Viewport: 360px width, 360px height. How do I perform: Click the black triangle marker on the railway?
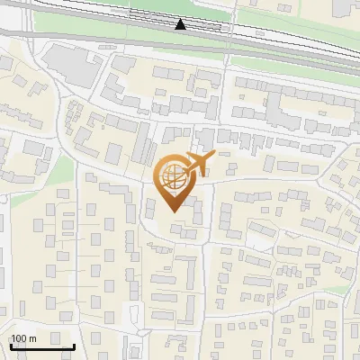181,24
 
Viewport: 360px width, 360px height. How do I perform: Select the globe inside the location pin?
171,175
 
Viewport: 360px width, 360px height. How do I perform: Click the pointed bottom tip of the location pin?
172,211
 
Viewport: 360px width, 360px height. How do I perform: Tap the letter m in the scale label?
33,338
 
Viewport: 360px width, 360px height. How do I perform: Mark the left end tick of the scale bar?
11,344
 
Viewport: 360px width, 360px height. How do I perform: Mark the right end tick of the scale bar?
74,344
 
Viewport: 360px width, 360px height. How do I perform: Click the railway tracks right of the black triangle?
270,34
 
